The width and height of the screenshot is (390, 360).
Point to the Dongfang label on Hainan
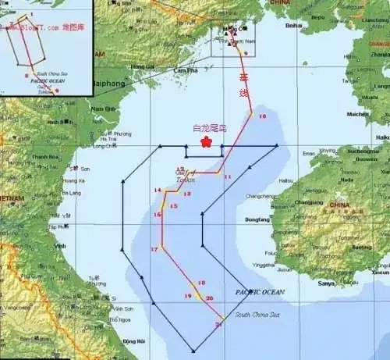(258, 220)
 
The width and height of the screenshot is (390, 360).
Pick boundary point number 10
(262, 116)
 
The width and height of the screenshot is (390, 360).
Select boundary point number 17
(154, 249)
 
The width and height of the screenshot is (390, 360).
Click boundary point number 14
(158, 191)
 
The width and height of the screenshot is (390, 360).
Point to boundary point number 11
(228, 177)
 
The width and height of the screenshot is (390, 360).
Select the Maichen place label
(358, 114)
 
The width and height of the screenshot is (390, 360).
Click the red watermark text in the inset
(35, 27)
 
